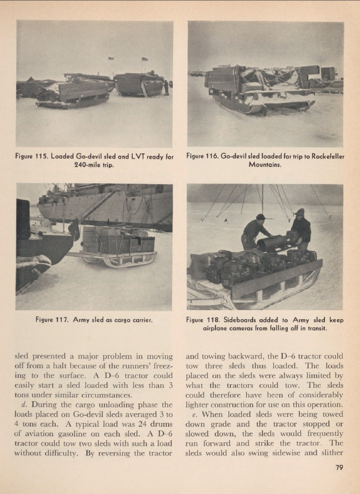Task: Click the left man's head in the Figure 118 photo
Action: tap(261, 217)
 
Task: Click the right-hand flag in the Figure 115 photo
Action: tap(144, 59)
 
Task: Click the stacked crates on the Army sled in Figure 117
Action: tap(118, 241)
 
